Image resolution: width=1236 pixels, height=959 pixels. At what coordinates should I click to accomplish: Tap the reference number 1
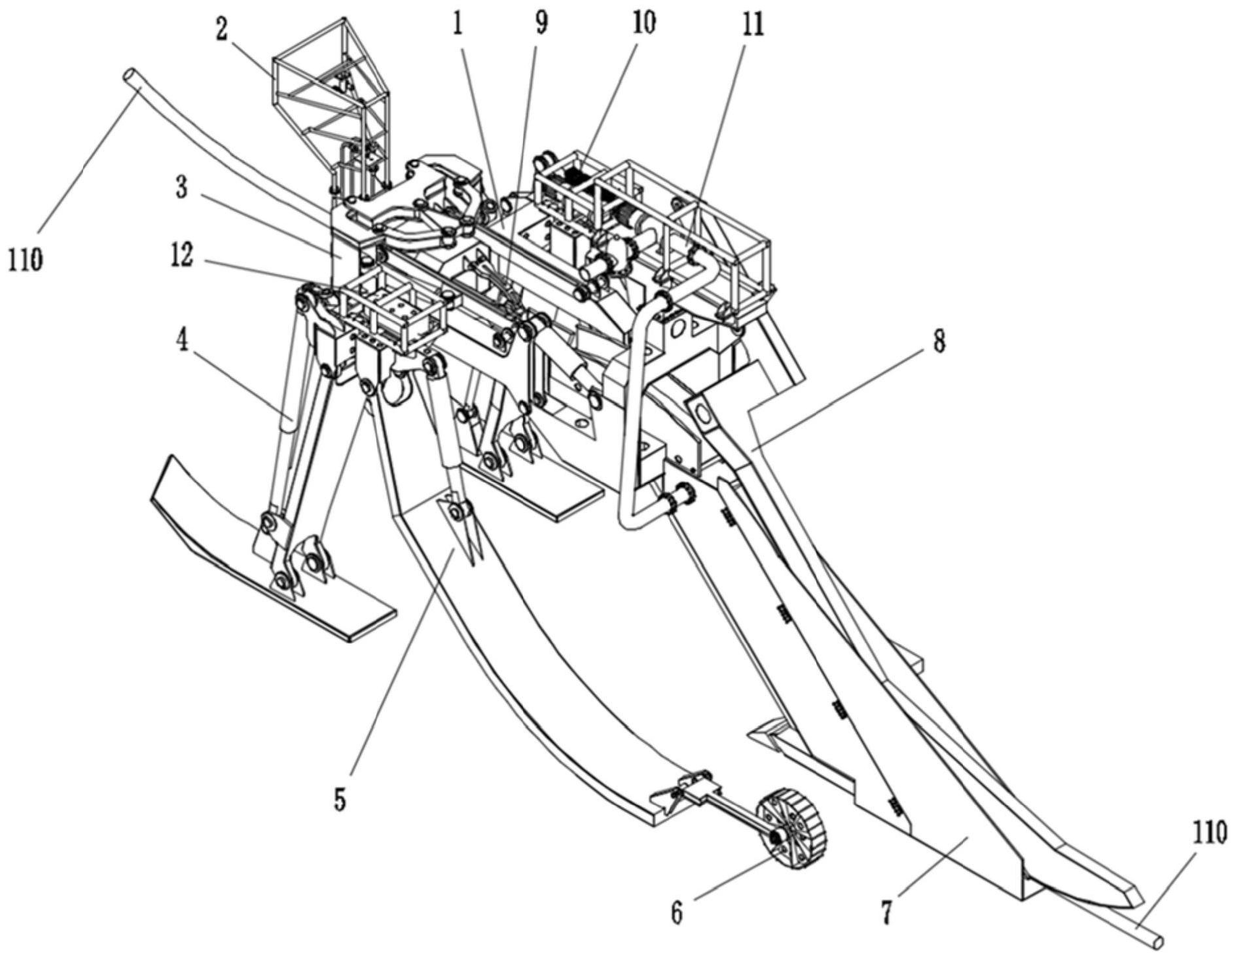[458, 25]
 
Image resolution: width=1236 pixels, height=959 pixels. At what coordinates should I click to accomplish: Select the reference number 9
[541, 24]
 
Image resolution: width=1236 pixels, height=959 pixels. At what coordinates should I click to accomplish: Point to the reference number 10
[642, 24]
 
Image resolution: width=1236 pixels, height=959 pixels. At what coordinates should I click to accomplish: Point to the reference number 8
[939, 342]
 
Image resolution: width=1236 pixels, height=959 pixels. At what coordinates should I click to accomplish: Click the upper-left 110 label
[26, 260]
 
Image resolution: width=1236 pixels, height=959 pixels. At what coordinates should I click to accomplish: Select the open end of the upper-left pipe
[130, 75]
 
